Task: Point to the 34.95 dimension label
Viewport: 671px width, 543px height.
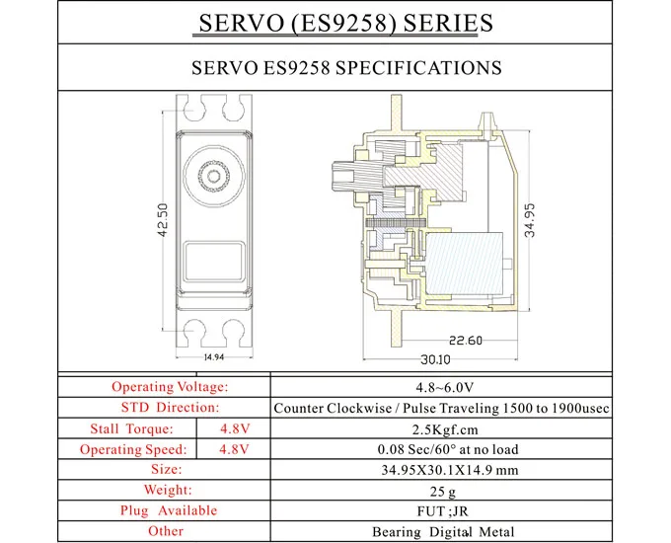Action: (529, 219)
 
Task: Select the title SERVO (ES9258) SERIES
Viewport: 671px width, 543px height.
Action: (335, 23)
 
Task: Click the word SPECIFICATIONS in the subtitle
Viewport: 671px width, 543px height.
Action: (418, 68)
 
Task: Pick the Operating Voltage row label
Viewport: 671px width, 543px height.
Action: (169, 387)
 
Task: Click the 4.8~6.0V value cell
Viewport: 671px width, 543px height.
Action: (441, 387)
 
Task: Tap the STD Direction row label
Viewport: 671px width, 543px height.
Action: (169, 408)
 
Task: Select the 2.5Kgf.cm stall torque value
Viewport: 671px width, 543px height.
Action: (441, 428)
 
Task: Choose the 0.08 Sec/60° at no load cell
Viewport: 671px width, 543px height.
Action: (441, 449)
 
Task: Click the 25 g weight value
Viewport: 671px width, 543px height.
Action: (441, 491)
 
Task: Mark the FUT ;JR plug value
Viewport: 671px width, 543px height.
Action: (441, 511)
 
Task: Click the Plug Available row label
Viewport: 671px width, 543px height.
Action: (169, 511)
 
